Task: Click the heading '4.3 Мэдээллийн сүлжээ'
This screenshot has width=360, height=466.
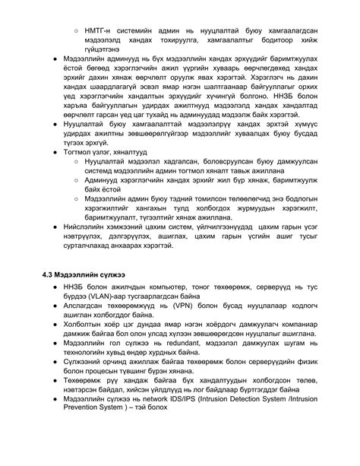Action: pyautogui.click(x=84, y=273)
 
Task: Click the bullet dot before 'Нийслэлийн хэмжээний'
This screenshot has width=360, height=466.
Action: pyautogui.click(x=49, y=226)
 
